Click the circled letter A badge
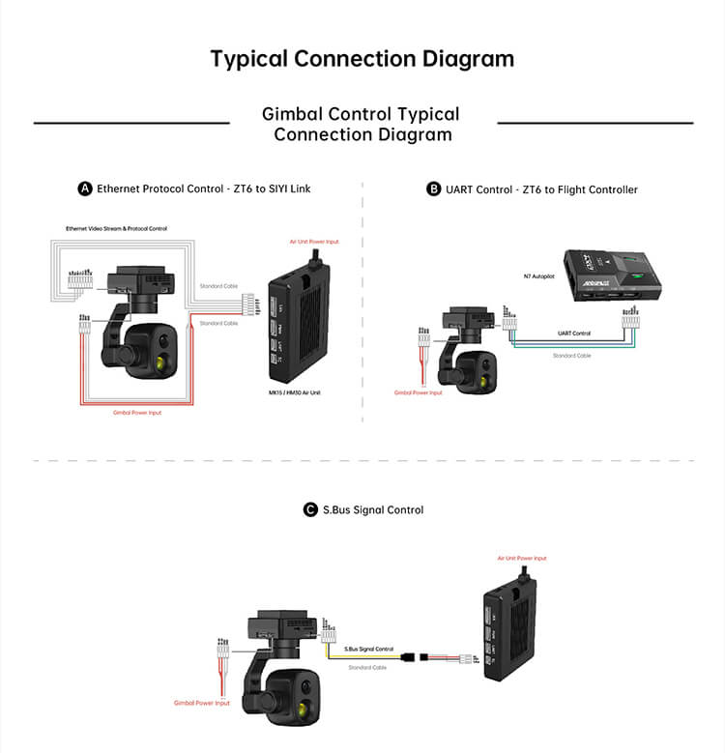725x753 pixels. pos(85,189)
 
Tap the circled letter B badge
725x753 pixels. pos(434,189)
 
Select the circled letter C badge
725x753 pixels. pos(310,509)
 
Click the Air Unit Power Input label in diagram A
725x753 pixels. pos(314,241)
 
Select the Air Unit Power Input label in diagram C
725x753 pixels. pos(522,559)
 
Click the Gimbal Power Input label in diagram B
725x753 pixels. pos(418,392)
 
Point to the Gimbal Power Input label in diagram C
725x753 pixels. pos(202,704)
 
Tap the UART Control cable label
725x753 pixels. pos(574,333)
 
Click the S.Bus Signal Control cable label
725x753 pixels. pos(369,649)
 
